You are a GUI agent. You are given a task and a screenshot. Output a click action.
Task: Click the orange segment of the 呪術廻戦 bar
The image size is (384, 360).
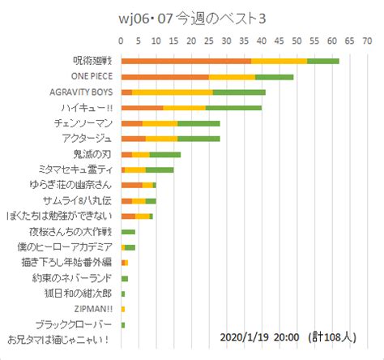186,61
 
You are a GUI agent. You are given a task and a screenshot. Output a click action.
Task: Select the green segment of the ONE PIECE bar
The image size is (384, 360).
285,76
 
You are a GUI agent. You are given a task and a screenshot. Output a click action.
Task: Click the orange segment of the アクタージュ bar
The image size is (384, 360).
133,139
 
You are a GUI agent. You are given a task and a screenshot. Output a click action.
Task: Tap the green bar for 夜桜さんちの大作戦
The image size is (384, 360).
128,232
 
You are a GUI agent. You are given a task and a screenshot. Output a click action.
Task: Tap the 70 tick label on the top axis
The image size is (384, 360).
367,39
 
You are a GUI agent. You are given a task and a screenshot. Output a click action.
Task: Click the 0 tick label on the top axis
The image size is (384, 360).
121,39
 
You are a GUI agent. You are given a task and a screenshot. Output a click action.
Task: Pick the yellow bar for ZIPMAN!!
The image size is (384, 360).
123,309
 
